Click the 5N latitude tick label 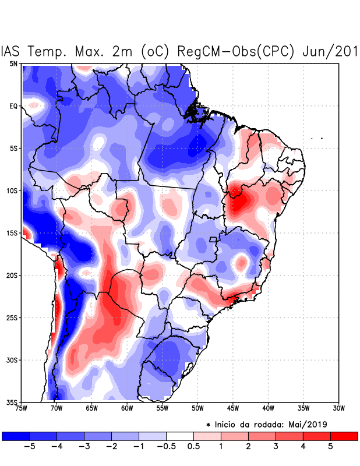13,63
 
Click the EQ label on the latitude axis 13,106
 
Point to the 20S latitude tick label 12,276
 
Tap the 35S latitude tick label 12,403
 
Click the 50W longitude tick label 197,408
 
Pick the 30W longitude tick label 339,408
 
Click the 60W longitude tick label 126,408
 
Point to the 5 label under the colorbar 330,446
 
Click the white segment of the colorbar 180,436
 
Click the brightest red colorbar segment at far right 344,436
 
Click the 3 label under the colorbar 276,446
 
